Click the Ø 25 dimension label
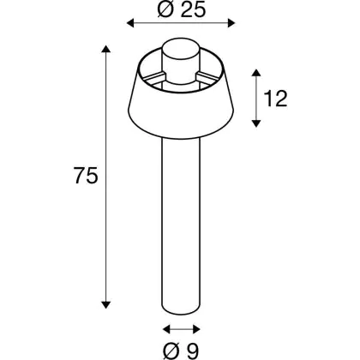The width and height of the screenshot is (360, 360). pyautogui.click(x=182, y=9)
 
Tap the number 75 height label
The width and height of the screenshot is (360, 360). pyautogui.click(x=86, y=175)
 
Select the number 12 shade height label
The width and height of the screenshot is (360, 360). pyautogui.click(x=275, y=99)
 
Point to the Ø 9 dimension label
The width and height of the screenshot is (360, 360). pyautogui.click(x=181, y=351)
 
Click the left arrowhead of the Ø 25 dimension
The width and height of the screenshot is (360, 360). pyautogui.click(x=130, y=23)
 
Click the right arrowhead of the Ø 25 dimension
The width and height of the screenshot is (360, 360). pyautogui.click(x=231, y=23)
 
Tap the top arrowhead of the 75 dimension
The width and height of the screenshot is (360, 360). pyautogui.click(x=106, y=49)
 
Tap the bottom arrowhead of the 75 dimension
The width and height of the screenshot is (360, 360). pyautogui.click(x=106, y=304)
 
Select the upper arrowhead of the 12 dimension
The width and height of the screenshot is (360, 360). pyautogui.click(x=256, y=73)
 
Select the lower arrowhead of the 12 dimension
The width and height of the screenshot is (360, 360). pyautogui.click(x=256, y=123)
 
